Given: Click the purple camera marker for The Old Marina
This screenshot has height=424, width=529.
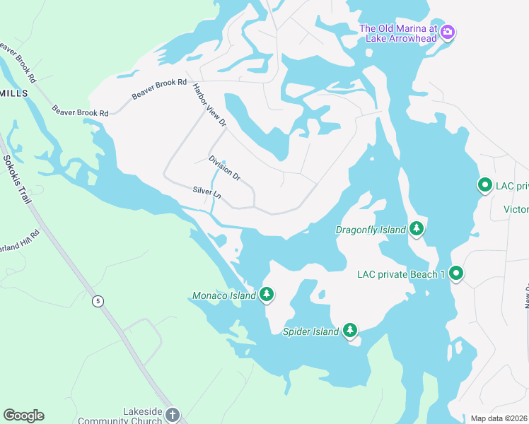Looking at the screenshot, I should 448,32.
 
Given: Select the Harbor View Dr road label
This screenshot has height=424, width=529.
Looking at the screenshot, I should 209,105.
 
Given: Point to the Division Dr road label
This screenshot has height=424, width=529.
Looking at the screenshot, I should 225,167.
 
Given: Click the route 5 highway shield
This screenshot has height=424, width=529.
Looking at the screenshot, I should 98,301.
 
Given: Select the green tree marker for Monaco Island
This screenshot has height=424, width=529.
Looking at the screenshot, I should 267,294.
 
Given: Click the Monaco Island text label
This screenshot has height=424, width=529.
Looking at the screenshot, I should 224,295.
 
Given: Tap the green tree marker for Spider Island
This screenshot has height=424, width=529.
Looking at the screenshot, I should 350,330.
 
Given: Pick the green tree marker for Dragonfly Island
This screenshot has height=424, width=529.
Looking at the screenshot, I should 417,228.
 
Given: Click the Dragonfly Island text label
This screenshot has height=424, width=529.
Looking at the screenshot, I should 370,230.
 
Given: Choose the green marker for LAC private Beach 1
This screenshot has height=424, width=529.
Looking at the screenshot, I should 456,273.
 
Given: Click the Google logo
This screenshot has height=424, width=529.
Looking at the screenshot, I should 23,416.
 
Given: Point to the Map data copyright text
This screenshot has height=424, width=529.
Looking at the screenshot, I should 499,418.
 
